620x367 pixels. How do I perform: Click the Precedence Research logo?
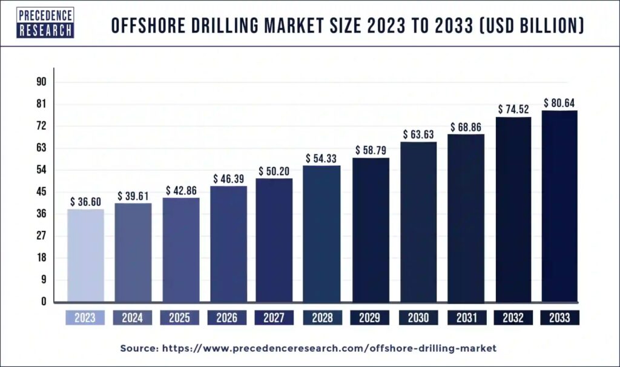click(x=45, y=24)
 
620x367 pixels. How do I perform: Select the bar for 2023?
click(x=85, y=255)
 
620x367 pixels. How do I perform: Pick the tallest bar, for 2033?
click(x=559, y=206)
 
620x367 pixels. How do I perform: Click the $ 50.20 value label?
click(x=274, y=171)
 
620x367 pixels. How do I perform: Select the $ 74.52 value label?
click(x=513, y=110)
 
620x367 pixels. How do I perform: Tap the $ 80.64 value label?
click(x=559, y=103)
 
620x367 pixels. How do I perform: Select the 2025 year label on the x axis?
click(x=180, y=317)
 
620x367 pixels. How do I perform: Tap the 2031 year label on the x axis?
click(x=466, y=317)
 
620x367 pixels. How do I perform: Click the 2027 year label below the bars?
click(x=274, y=317)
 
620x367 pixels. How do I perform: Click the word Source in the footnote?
click(x=138, y=348)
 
